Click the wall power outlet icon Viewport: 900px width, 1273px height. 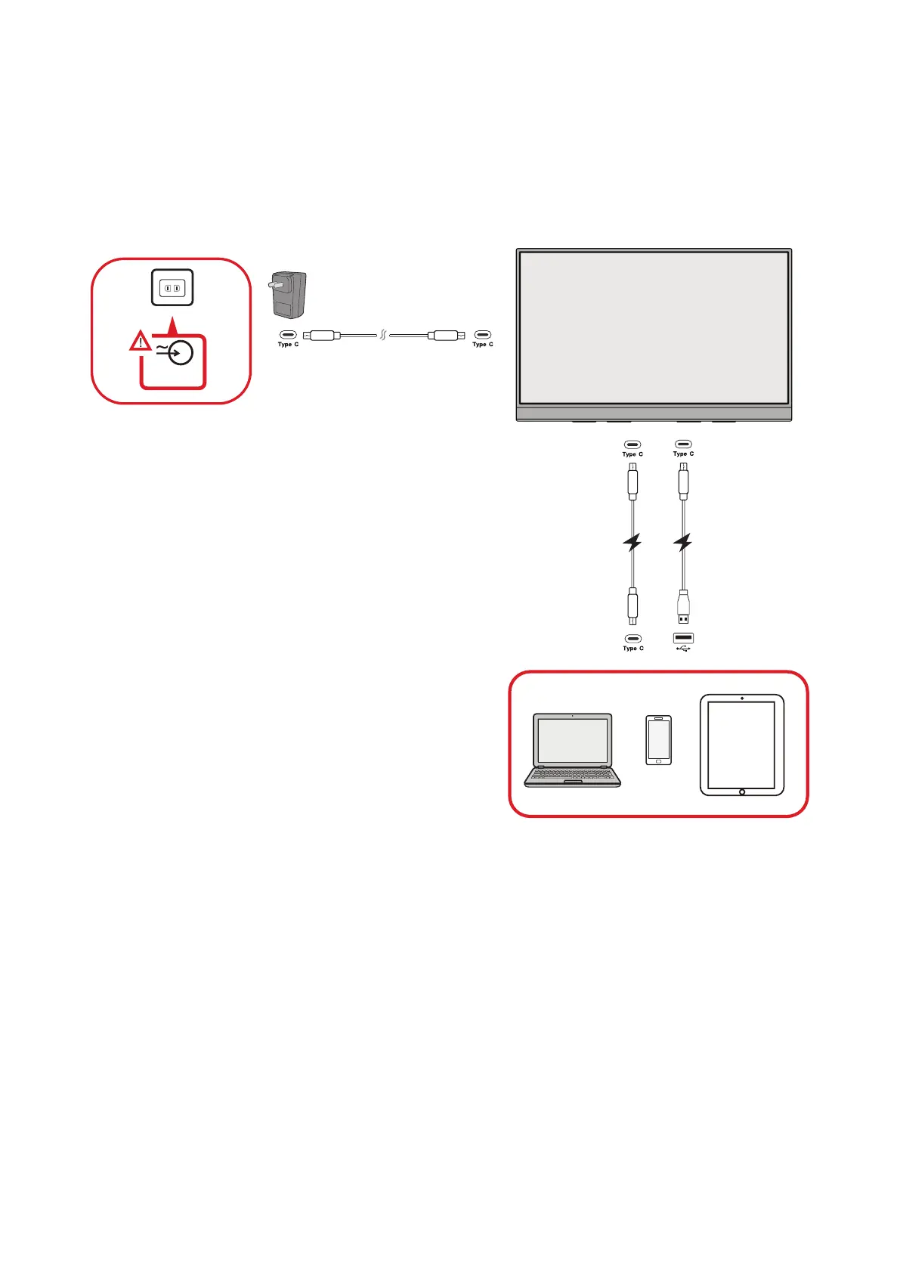click(172, 287)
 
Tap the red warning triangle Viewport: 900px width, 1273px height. click(140, 342)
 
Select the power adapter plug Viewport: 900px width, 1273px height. click(288, 295)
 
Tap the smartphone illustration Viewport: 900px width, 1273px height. click(658, 740)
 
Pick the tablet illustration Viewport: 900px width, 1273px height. click(741, 744)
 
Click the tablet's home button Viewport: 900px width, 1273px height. click(741, 791)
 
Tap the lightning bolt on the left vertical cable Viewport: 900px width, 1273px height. click(632, 542)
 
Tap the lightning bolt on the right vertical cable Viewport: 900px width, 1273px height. click(683, 542)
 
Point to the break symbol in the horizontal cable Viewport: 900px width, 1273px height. click(383, 335)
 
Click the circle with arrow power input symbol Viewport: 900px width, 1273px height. click(180, 352)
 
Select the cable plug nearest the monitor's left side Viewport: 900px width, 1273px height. click(444, 335)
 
